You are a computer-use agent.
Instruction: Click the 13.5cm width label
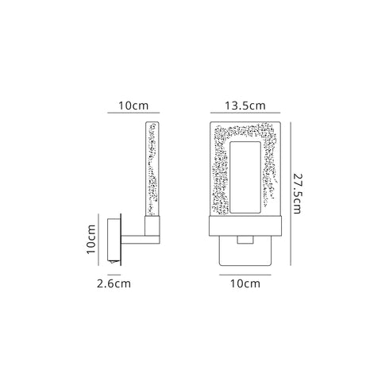click(244, 105)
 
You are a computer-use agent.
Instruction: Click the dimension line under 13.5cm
click(244, 115)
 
